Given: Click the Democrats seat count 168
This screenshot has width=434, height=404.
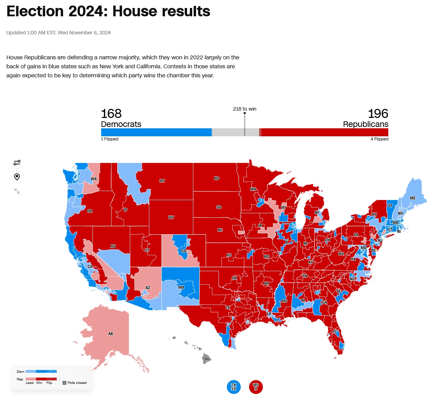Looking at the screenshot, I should (x=111, y=114).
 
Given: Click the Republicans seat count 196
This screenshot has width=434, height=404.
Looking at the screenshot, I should (x=378, y=114).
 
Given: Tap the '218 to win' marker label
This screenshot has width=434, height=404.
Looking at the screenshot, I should (x=245, y=109).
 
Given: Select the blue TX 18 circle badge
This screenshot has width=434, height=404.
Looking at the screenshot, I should (x=233, y=387).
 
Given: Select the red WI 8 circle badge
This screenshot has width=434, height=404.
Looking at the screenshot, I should (x=256, y=387).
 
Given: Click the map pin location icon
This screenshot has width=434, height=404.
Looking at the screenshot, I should (x=17, y=177).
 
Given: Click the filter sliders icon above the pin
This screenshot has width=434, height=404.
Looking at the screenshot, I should (x=17, y=163).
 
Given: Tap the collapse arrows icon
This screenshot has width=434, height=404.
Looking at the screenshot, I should (x=17, y=191).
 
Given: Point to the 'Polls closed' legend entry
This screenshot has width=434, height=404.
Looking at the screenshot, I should (x=75, y=383).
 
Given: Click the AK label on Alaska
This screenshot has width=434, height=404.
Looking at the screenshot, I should (x=111, y=334).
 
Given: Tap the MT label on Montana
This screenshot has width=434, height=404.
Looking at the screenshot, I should (x=162, y=181).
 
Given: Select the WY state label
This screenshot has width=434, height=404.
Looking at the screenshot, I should (x=171, y=217).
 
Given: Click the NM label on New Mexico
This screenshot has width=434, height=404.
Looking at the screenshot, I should (x=181, y=287).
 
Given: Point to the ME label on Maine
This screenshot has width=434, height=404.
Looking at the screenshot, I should (x=413, y=198).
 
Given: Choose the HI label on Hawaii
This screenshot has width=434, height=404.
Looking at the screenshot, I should (x=207, y=359).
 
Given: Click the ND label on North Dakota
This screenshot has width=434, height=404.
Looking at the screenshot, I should (x=216, y=178).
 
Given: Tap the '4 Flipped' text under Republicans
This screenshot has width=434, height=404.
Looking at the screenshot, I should (x=379, y=139).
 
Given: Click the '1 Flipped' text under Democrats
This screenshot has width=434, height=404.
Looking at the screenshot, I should (x=110, y=139).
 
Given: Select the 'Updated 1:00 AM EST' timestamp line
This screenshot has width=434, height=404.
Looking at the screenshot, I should (x=59, y=33).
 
